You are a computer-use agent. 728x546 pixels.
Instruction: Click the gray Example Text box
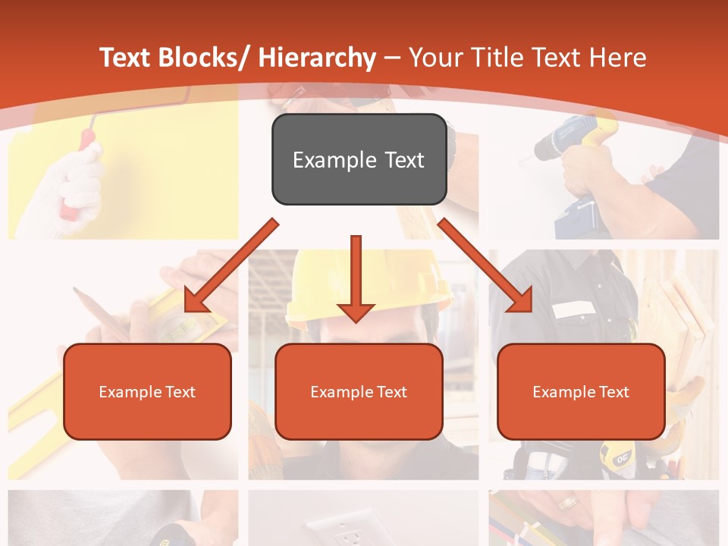359,159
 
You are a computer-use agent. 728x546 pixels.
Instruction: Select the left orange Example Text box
147,391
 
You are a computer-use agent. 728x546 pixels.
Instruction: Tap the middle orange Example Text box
359,391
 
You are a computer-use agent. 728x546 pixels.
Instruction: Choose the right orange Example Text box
581,391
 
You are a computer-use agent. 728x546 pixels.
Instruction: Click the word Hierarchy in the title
317,58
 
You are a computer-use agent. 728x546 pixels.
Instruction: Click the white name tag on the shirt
573,309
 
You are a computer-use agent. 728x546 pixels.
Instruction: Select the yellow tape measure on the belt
616,455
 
